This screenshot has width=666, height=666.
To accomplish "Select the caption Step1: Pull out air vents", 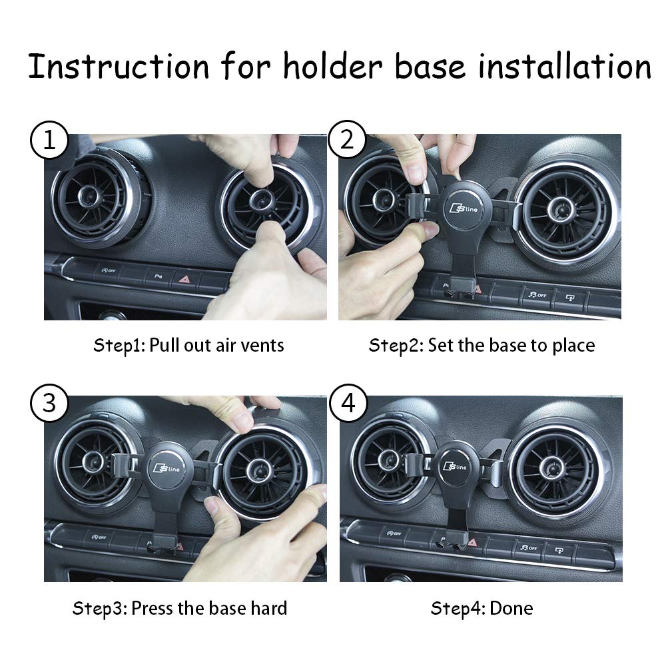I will pyautogui.click(x=188, y=345).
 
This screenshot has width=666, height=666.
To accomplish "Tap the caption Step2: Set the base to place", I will pyautogui.click(x=482, y=345).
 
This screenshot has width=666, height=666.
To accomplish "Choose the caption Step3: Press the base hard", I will pyautogui.click(x=180, y=607).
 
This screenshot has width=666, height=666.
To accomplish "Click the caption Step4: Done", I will pyautogui.click(x=482, y=607).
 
